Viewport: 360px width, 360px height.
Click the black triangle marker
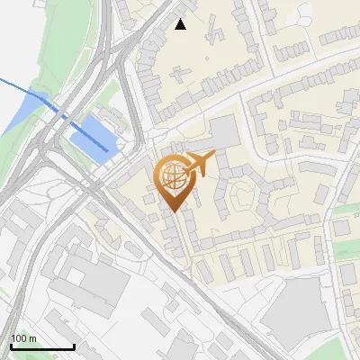pyautogui.click(x=181, y=24)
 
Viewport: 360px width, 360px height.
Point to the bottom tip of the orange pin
pyautogui.click(x=172, y=211)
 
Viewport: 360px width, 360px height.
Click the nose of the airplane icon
pyautogui.click(x=214, y=155)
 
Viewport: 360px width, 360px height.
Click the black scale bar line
pyautogui.click(x=41, y=346)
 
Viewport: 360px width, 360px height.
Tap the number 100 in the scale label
pyautogui.click(x=20, y=338)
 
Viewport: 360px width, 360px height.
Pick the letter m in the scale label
pyautogui.click(x=32, y=338)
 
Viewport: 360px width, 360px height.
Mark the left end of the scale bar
pyautogui.click(x=11, y=346)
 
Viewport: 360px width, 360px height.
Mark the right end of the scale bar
pyautogui.click(x=73, y=346)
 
